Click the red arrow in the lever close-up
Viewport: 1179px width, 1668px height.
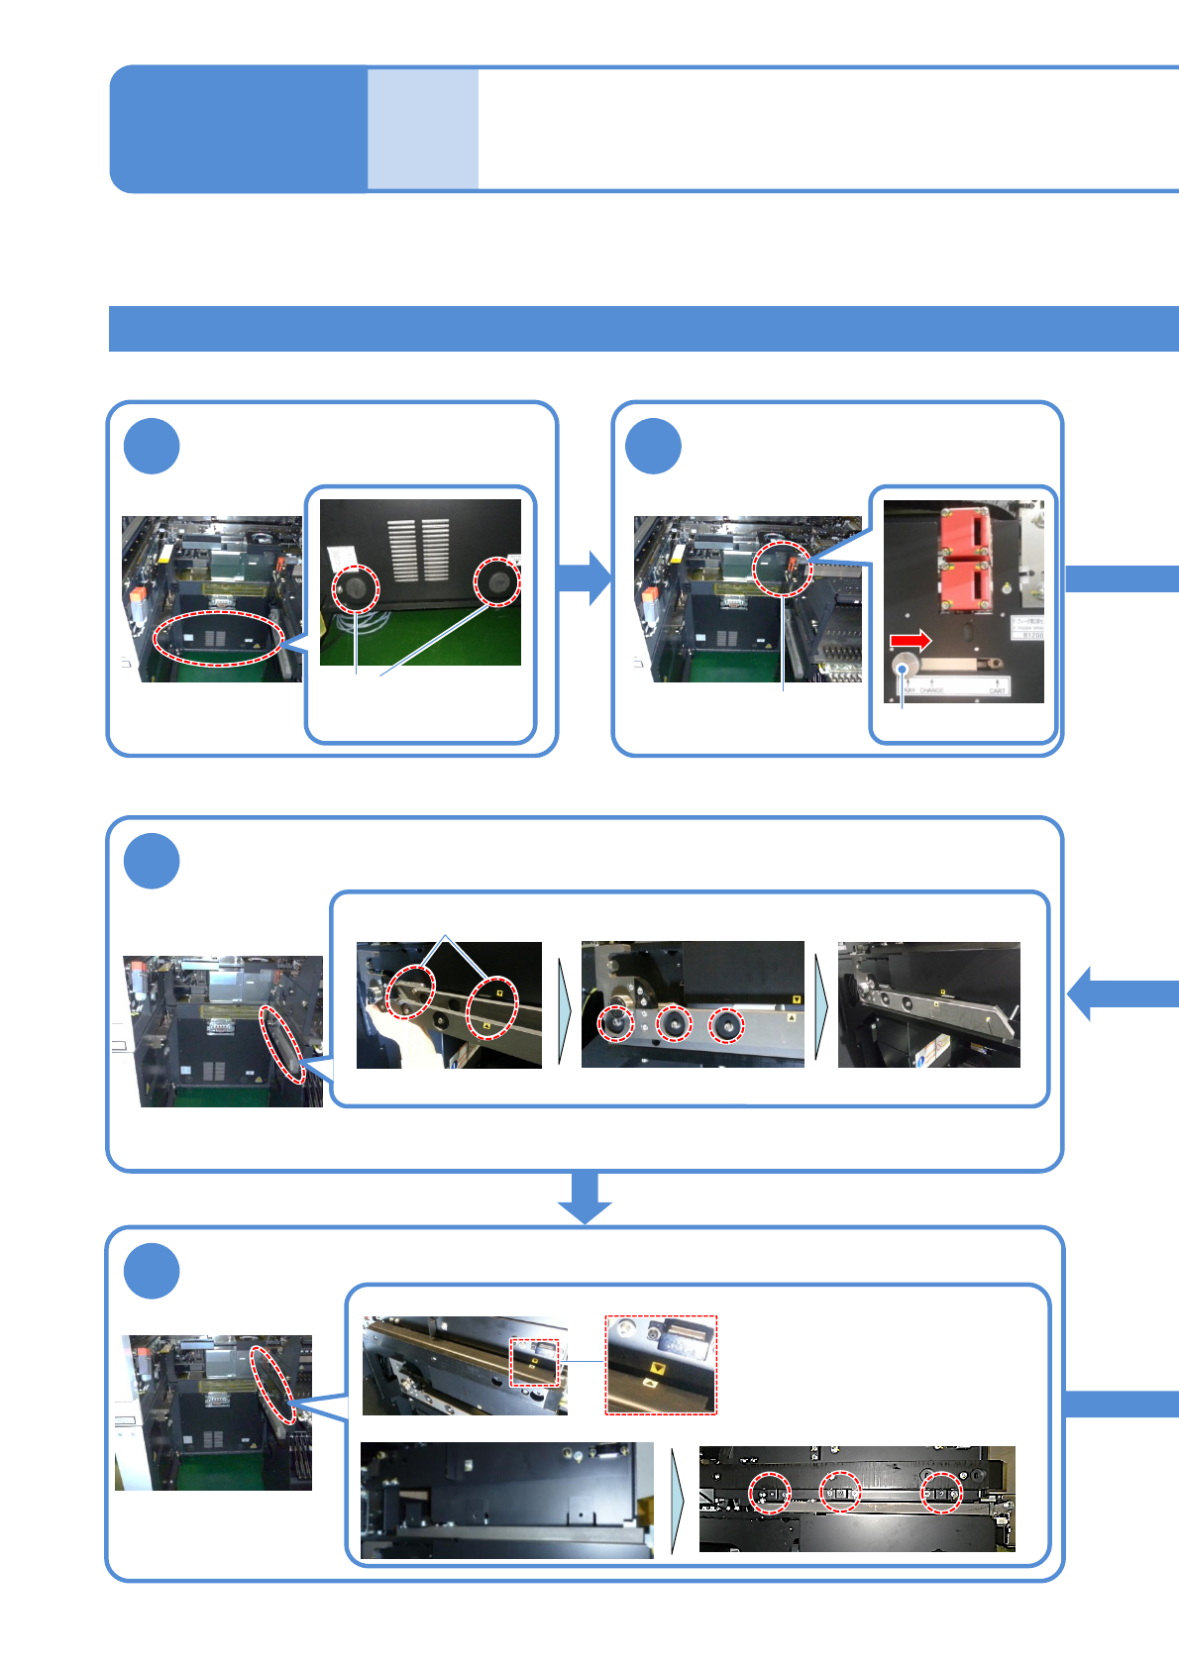coord(910,641)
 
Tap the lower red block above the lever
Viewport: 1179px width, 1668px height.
coord(964,585)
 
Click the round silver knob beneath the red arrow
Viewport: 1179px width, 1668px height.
coord(905,666)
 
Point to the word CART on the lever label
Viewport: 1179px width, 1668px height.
coord(996,689)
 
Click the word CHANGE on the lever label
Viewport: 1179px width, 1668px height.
coord(931,689)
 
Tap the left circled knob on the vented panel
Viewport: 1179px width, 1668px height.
coord(356,587)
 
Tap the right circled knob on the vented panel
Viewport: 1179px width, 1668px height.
coord(497,580)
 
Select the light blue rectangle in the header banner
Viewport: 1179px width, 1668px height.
coord(423,129)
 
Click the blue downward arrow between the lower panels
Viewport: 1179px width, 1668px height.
coord(585,1198)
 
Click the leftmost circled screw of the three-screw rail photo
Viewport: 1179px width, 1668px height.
coord(616,1022)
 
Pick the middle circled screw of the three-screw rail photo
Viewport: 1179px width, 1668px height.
coord(674,1023)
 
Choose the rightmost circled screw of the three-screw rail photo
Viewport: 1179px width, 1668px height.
coord(727,1025)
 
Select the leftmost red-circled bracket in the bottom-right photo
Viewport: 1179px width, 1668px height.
coord(770,1492)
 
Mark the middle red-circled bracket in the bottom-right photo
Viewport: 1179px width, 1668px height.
coord(840,1492)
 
